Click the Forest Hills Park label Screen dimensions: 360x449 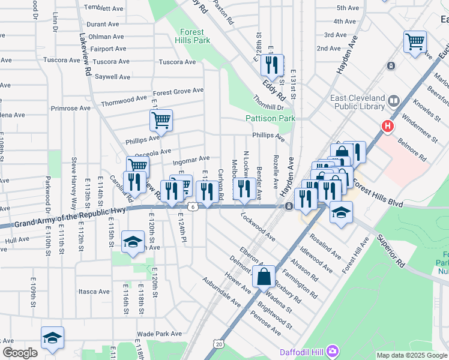[193, 36]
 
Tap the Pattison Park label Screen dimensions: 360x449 [271, 119]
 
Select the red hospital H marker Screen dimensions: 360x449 [388, 127]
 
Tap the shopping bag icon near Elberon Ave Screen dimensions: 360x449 [264, 277]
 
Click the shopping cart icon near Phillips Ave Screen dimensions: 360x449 [161, 120]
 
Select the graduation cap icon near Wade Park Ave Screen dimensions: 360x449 [52, 338]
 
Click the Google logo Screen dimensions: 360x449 [20, 353]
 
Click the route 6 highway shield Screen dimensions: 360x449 [192, 206]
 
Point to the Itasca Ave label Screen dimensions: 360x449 [94, 292]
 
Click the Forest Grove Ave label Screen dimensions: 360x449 [178, 92]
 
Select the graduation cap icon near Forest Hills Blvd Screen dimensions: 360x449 [341, 213]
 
